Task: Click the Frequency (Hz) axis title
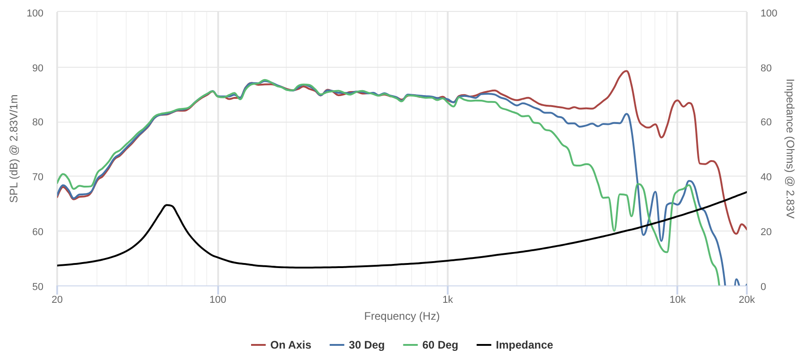click(x=402, y=316)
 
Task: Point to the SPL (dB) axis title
click(x=14, y=149)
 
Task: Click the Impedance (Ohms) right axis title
click(x=790, y=149)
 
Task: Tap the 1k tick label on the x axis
click(x=448, y=300)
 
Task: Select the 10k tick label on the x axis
click(x=677, y=300)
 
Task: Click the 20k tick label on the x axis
click(x=746, y=300)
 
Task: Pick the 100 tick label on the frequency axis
click(x=218, y=300)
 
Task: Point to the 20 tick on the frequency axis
click(x=57, y=300)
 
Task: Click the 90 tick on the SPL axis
click(x=38, y=68)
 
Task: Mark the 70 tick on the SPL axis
click(x=38, y=177)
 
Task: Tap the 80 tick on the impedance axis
click(x=766, y=68)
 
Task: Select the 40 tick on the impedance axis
click(x=766, y=177)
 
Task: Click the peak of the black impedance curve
click(x=168, y=205)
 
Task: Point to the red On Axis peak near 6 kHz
click(x=626, y=71)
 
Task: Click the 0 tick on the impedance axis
click(x=763, y=286)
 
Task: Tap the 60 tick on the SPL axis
click(x=38, y=231)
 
